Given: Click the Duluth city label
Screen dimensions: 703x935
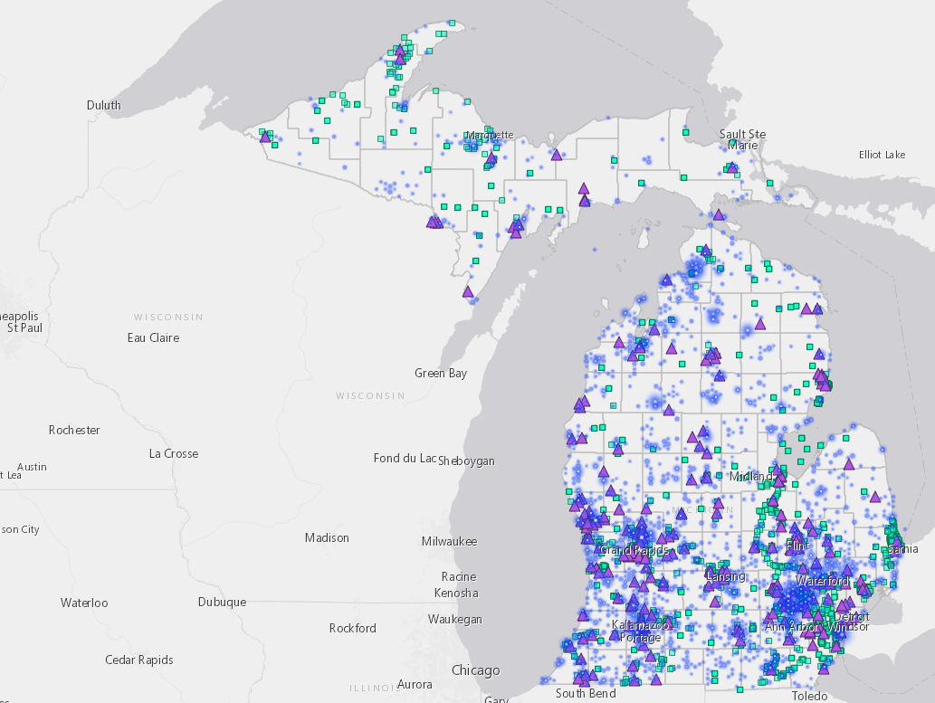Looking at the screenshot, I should click(103, 105).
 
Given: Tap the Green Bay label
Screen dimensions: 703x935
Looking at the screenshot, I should click(441, 373).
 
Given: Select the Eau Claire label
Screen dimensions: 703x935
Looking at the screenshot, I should click(153, 337).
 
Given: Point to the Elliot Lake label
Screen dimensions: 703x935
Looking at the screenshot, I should click(882, 155).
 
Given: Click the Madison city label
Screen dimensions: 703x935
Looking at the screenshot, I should click(327, 537).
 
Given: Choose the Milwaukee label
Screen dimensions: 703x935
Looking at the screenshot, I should click(449, 541).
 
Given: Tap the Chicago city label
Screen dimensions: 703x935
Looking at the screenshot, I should click(475, 670).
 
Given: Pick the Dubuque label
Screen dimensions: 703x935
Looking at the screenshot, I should click(222, 602).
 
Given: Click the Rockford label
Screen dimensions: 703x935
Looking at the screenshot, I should click(353, 628).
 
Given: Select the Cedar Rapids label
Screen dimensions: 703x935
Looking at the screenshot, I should click(138, 660).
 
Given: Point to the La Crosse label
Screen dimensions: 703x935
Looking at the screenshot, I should click(174, 453).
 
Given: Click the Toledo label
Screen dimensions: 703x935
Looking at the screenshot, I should click(809, 696).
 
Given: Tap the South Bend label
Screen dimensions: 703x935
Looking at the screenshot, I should click(586, 693).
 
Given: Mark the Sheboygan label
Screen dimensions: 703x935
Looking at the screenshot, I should click(467, 461).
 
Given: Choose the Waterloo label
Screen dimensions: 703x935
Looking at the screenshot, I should click(84, 603).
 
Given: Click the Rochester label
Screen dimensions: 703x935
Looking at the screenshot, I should click(74, 430).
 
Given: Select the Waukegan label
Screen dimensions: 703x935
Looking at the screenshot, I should click(456, 619).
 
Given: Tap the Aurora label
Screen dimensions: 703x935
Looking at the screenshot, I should click(415, 684).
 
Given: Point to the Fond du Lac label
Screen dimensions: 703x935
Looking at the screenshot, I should click(405, 458).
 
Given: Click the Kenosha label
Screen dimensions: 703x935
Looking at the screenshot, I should click(456, 593).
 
